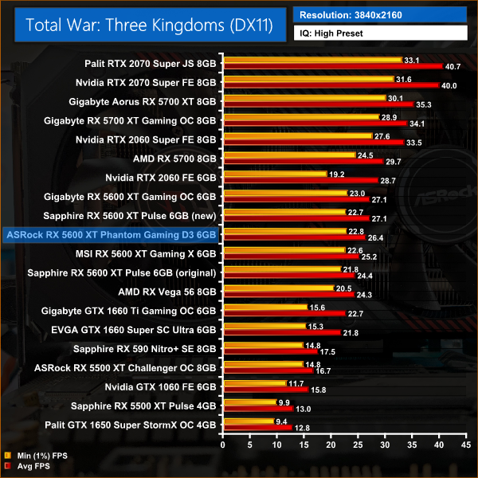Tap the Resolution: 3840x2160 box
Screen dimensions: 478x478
tap(380, 14)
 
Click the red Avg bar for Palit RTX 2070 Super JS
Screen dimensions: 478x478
tap(333, 66)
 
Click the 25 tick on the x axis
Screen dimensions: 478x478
tap(358, 441)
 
